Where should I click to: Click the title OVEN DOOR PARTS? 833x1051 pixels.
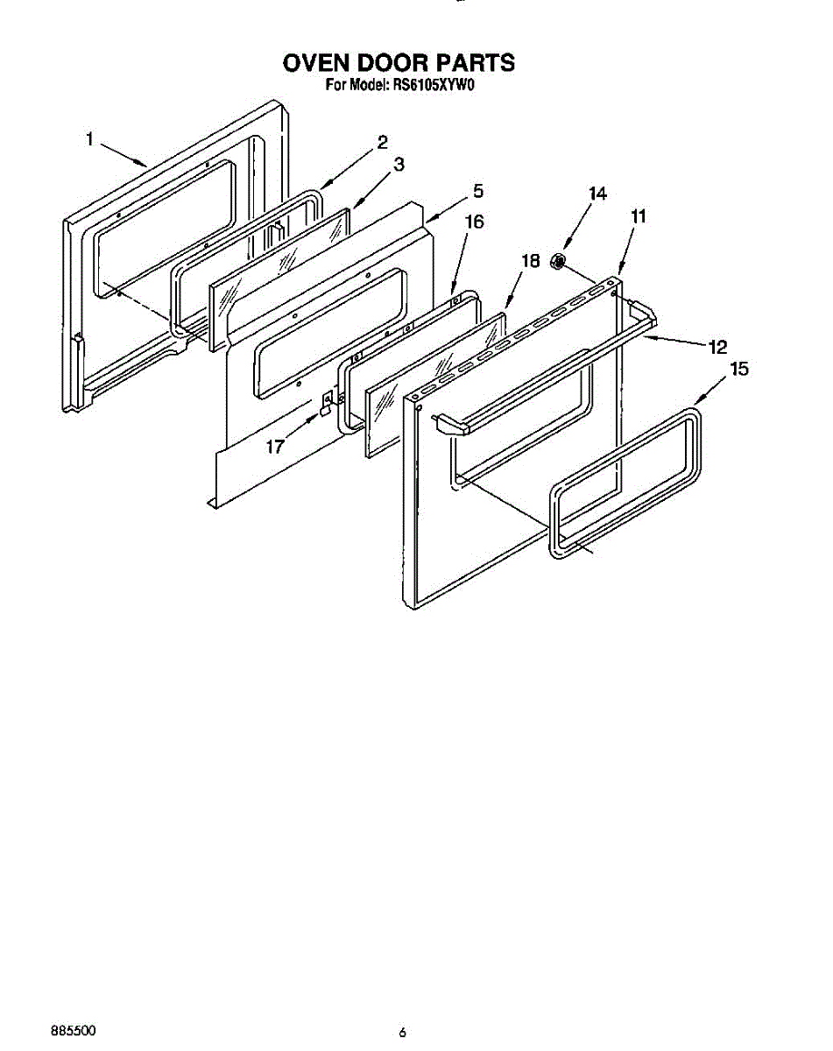point(399,63)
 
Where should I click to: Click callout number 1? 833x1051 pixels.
point(89,138)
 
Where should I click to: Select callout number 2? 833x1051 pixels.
point(383,143)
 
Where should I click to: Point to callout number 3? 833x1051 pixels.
point(399,165)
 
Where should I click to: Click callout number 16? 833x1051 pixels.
point(473,222)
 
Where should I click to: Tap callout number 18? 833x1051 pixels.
point(529,260)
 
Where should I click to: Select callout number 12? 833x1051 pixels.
point(717,347)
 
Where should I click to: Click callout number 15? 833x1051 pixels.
point(739,370)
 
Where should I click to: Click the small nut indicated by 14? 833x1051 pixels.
point(557,260)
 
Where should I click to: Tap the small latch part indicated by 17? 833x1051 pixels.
point(327,402)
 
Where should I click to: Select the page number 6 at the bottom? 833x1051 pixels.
point(402,1033)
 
